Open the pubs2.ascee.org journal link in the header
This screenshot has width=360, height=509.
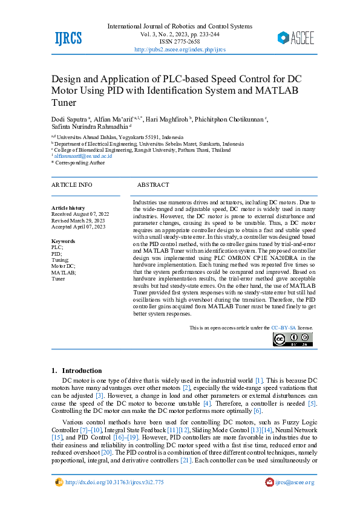pyautogui.click(x=180, y=49)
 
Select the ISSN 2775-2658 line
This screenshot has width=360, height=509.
pyautogui.click(x=180, y=42)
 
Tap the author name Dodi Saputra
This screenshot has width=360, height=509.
pyautogui.click(x=70, y=120)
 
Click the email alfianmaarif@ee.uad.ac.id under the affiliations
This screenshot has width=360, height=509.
pyautogui.click(x=83, y=156)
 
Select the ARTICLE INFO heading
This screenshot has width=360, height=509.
pyautogui.click(x=72, y=184)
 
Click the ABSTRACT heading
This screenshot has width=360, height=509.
pyautogui.click(x=153, y=184)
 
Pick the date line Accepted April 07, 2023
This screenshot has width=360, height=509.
pyautogui.click(x=79, y=227)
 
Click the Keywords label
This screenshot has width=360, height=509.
pyautogui.click(x=64, y=241)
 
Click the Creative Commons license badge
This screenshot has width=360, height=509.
pyautogui.click(x=293, y=340)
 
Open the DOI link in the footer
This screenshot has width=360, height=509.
pyautogui.click(x=114, y=482)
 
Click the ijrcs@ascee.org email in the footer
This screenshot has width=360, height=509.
pyautogui.click(x=294, y=482)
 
